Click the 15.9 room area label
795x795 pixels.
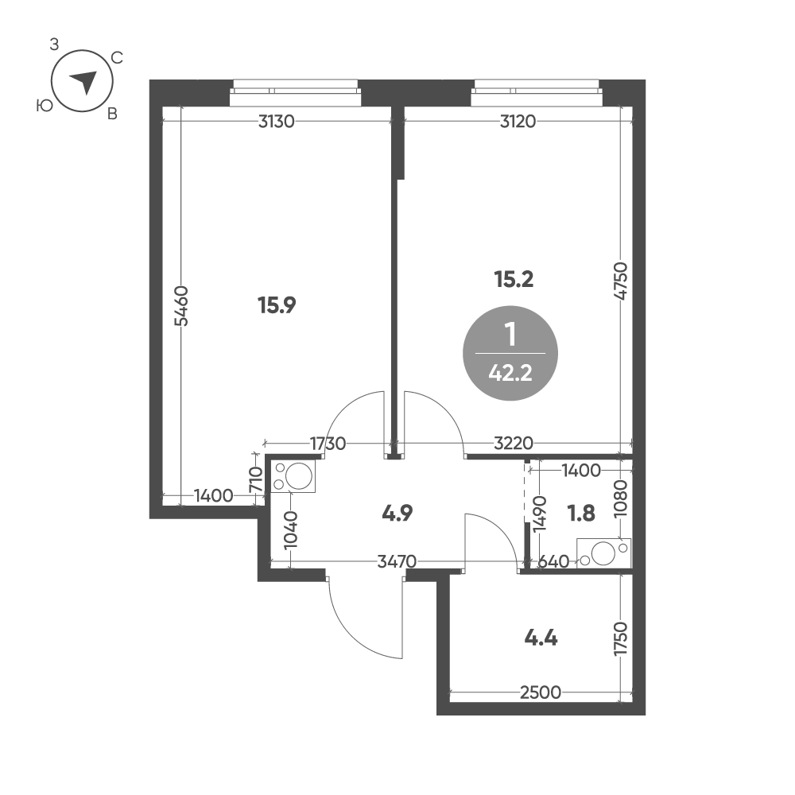(x=277, y=305)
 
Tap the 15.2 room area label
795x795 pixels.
(x=514, y=279)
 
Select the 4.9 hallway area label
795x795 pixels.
(x=397, y=513)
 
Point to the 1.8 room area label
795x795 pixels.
(x=581, y=513)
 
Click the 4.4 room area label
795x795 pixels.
(x=541, y=638)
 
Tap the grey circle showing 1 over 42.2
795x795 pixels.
(x=510, y=353)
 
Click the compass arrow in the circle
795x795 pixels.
(x=83, y=82)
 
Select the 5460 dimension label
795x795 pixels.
(x=181, y=306)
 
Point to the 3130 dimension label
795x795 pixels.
(x=277, y=122)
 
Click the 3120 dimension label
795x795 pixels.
(x=518, y=122)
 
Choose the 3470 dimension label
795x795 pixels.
(x=397, y=561)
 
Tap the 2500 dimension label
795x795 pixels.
(x=541, y=692)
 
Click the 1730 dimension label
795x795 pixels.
(x=328, y=444)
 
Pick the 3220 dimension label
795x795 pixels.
(x=514, y=444)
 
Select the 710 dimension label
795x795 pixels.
(x=256, y=479)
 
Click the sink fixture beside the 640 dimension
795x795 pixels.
(x=604, y=553)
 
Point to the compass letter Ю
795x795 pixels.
(x=45, y=106)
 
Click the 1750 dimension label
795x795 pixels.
(x=621, y=639)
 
